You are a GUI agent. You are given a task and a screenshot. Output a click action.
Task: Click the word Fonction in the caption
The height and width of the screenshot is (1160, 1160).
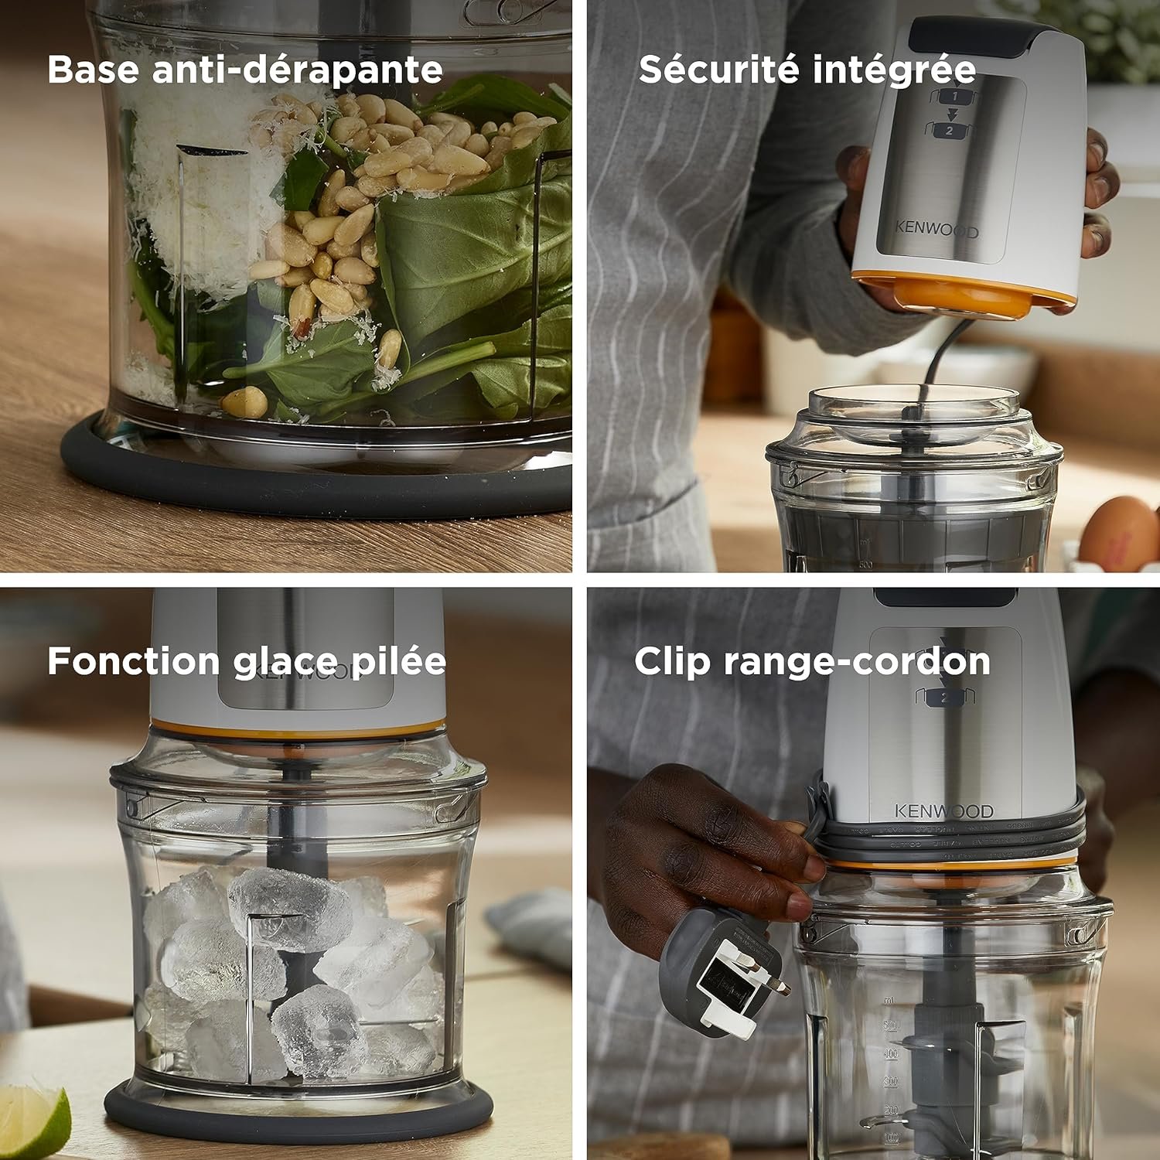(134, 662)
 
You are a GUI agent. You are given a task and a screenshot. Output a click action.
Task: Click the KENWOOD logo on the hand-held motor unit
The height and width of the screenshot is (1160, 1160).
(936, 229)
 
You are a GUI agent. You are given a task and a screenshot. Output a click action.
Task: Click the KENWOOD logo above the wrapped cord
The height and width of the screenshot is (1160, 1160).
(943, 811)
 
